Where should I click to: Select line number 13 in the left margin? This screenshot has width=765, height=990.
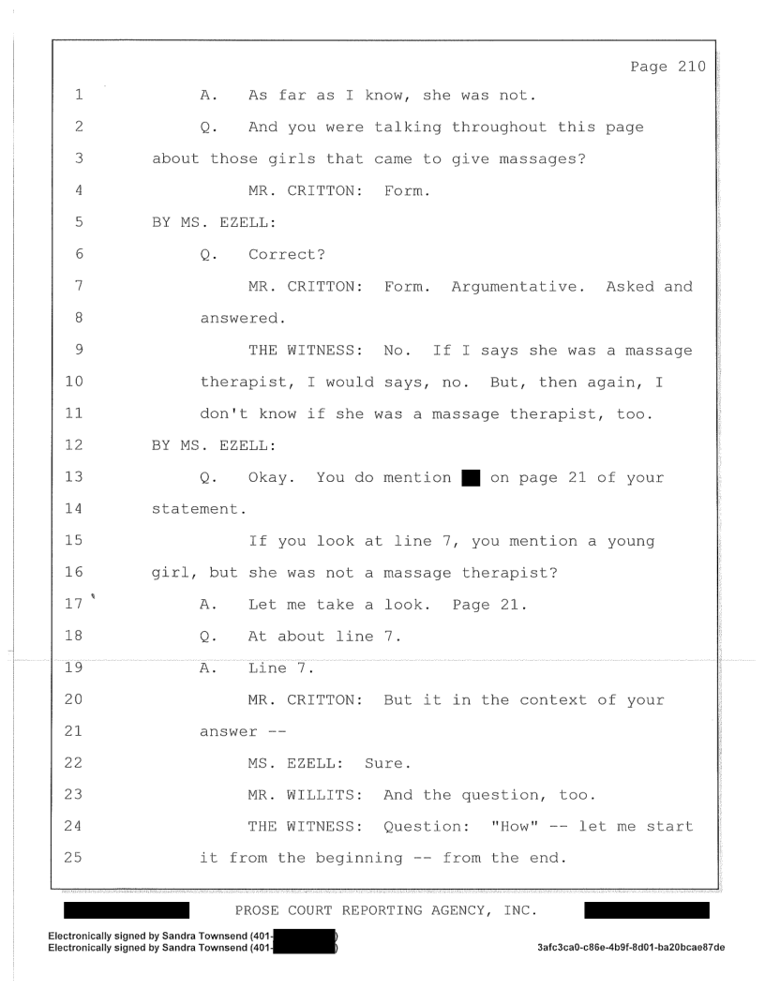click(74, 476)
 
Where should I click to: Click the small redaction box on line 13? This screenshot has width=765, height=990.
click(471, 478)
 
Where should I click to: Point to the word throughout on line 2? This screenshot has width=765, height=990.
click(499, 127)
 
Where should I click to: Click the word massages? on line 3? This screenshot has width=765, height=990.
click(543, 159)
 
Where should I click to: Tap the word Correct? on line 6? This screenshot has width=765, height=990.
click(287, 254)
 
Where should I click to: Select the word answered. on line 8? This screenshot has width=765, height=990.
click(243, 318)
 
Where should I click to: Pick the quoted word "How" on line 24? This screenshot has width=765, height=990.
click(515, 827)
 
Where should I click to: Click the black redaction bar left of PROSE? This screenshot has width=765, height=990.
click(127, 909)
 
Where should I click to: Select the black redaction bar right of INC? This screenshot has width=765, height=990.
click(647, 909)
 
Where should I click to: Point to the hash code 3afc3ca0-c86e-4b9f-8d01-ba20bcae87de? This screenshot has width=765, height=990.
click(631, 947)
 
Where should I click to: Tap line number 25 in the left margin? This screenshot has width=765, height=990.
click(73, 857)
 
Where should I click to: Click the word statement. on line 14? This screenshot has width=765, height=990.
click(200, 509)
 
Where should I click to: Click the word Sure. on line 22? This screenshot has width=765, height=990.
click(387, 763)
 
